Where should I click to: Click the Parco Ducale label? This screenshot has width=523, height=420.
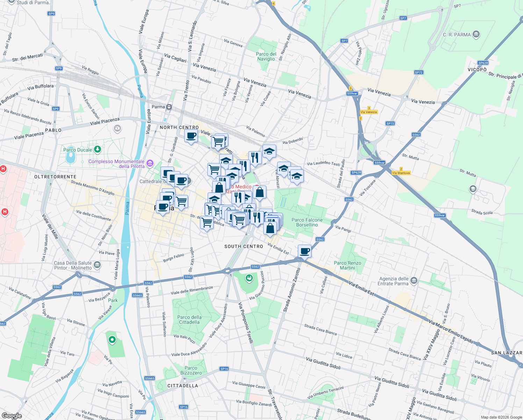click(x=78, y=150)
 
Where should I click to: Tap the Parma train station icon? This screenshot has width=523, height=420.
click(x=169, y=107)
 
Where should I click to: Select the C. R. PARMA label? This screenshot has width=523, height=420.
click(x=457, y=35)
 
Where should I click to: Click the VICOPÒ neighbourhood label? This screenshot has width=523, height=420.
click(x=477, y=70)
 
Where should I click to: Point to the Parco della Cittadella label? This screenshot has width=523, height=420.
click(x=189, y=320)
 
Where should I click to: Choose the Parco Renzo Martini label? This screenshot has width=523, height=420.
click(x=347, y=265)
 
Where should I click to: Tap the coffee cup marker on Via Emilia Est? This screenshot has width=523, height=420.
click(x=305, y=251)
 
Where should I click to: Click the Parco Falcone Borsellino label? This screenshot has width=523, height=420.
click(x=307, y=222)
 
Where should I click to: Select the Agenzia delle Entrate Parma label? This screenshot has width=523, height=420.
click(x=393, y=281)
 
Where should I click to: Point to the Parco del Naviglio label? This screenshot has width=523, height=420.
click(x=266, y=56)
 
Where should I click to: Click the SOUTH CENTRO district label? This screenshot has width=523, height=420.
click(x=244, y=246)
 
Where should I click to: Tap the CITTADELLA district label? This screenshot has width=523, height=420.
click(x=182, y=386)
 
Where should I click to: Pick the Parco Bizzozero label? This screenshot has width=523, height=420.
click(x=191, y=370)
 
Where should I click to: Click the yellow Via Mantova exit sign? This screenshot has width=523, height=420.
click(x=401, y=173)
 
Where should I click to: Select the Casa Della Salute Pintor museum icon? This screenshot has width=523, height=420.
click(x=97, y=265)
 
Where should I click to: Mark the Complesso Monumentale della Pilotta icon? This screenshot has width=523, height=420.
click(x=150, y=163)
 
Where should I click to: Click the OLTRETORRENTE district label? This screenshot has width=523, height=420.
click(x=55, y=177)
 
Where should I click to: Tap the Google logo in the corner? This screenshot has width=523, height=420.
click(x=12, y=416)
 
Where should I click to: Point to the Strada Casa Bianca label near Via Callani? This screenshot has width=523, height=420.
click(x=320, y=329)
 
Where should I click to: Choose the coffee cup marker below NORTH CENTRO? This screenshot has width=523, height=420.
click(x=191, y=136)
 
